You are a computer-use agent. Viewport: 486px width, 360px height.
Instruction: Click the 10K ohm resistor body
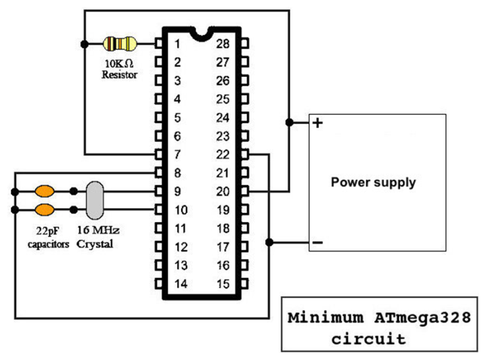(120, 44)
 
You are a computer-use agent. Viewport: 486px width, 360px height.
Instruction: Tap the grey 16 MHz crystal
(95, 200)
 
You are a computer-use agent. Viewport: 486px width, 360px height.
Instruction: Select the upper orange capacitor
(45, 192)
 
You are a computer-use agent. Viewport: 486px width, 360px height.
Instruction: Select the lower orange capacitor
(45, 210)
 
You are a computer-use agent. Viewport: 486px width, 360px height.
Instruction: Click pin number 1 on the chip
(177, 44)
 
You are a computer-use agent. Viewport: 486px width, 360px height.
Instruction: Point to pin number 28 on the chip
(223, 44)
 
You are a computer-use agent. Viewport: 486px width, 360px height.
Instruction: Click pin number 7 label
(177, 155)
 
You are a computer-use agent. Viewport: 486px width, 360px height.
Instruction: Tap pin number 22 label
(223, 155)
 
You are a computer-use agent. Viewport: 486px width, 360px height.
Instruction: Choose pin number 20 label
(223, 192)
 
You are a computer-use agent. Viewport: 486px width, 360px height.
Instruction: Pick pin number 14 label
(180, 284)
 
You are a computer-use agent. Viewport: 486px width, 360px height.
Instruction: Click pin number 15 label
(223, 284)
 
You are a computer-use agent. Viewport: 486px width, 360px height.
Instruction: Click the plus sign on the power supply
(317, 123)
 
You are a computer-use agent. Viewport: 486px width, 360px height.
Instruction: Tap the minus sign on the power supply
(317, 242)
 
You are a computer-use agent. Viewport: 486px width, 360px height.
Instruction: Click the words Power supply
(373, 182)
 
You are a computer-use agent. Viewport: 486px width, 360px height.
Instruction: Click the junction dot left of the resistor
(84, 44)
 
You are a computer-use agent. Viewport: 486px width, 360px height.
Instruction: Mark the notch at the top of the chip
(202, 32)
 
